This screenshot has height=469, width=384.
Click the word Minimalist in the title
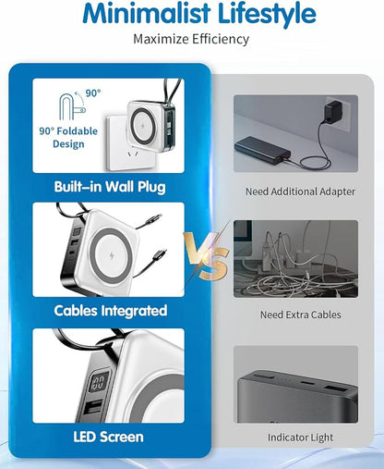point(147,13)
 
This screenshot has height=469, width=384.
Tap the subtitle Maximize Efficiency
point(191,40)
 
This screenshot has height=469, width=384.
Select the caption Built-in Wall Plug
point(110,187)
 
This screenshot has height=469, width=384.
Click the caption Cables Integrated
point(111,311)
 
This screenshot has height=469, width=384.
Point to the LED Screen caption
point(109,437)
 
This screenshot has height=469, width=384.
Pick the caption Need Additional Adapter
point(300,191)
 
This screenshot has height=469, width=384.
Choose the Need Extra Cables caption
point(301,315)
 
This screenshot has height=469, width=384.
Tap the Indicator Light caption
point(300,438)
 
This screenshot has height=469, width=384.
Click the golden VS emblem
point(207,256)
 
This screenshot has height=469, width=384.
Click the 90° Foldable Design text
point(68,138)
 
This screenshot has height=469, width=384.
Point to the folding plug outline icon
point(72,107)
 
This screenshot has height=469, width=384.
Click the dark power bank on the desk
point(262,151)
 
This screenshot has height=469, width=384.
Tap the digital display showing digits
point(99,381)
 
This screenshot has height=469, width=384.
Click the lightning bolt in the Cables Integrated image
point(112,255)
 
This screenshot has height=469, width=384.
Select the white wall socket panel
point(130,142)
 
